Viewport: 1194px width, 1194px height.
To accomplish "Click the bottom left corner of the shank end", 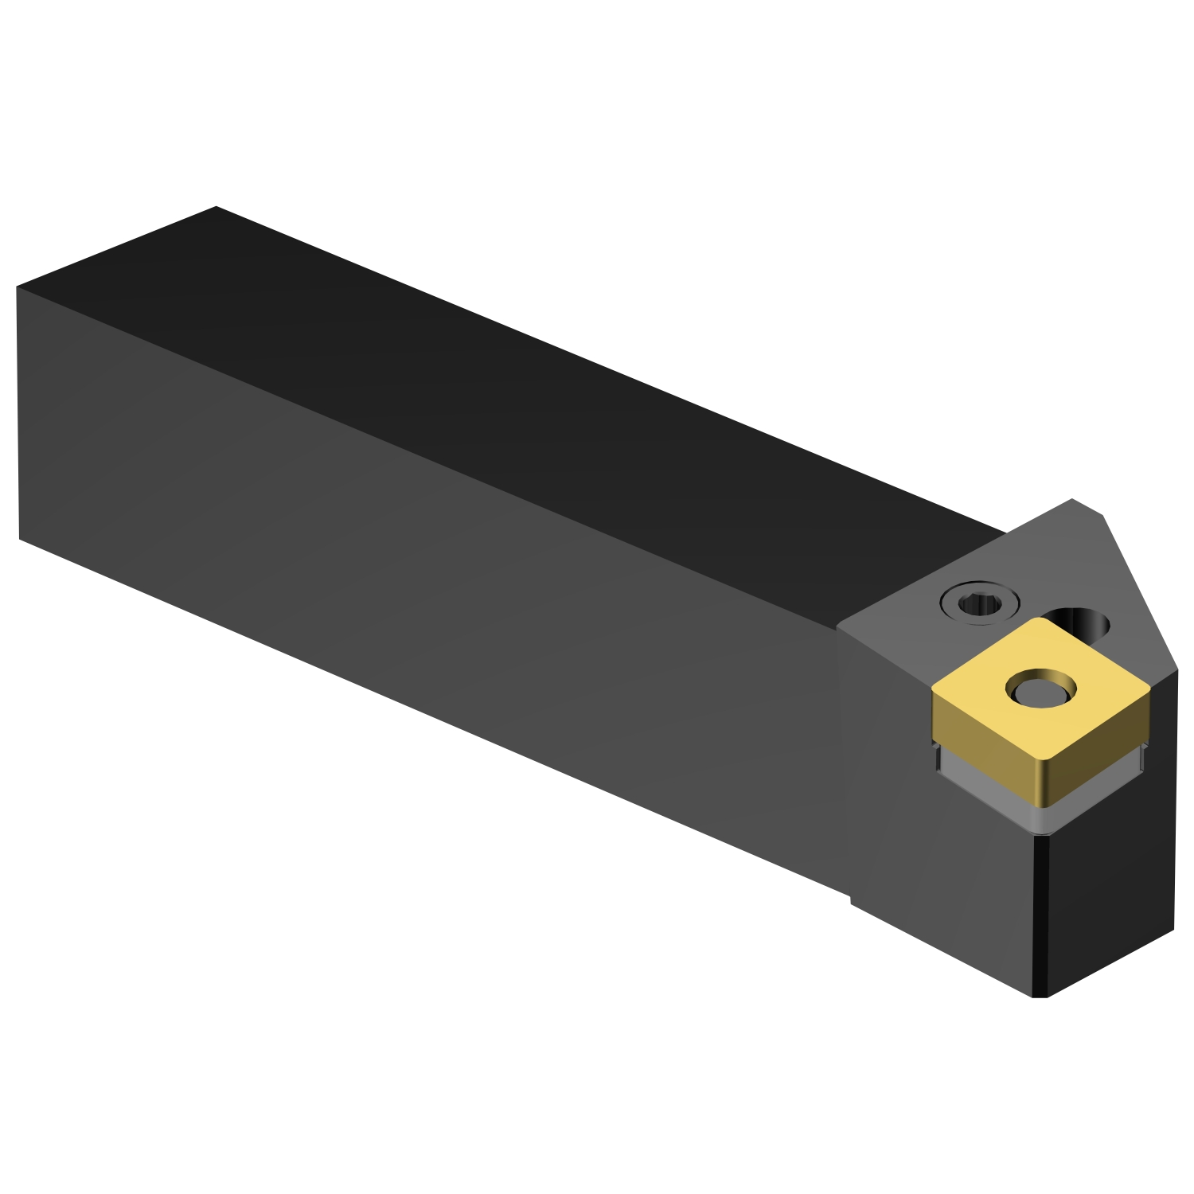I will [20, 539].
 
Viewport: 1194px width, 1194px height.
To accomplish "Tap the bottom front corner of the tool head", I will [1040, 996].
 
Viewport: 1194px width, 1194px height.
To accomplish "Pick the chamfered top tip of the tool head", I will [1087, 506].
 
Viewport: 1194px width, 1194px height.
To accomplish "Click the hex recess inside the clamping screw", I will [977, 606].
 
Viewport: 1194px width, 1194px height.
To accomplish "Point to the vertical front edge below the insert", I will [1040, 915].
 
